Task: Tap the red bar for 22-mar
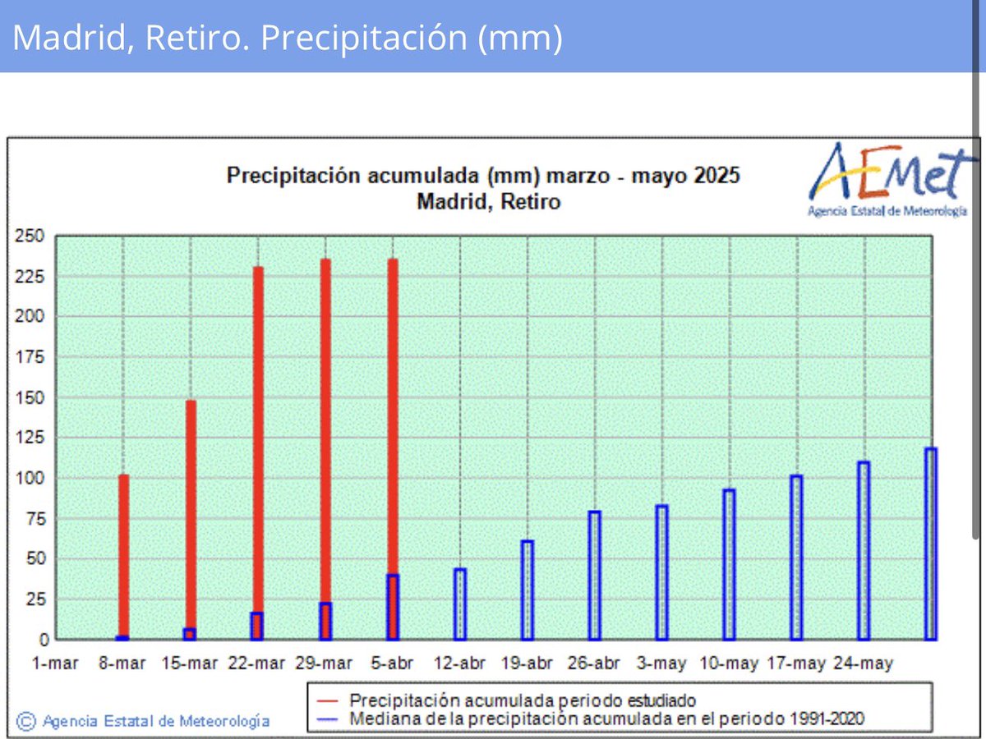click(258, 435)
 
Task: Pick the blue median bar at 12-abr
click(460, 604)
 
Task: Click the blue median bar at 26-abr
click(595, 576)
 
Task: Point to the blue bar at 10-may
click(729, 565)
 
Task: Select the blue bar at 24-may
click(864, 551)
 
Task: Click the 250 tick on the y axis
click(30, 236)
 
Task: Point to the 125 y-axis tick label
click(30, 438)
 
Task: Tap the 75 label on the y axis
click(34, 519)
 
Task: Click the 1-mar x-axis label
click(56, 663)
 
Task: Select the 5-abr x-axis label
click(393, 663)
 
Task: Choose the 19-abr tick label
click(528, 663)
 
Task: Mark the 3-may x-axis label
click(662, 663)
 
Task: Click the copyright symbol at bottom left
click(26, 721)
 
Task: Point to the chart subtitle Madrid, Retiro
click(488, 201)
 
